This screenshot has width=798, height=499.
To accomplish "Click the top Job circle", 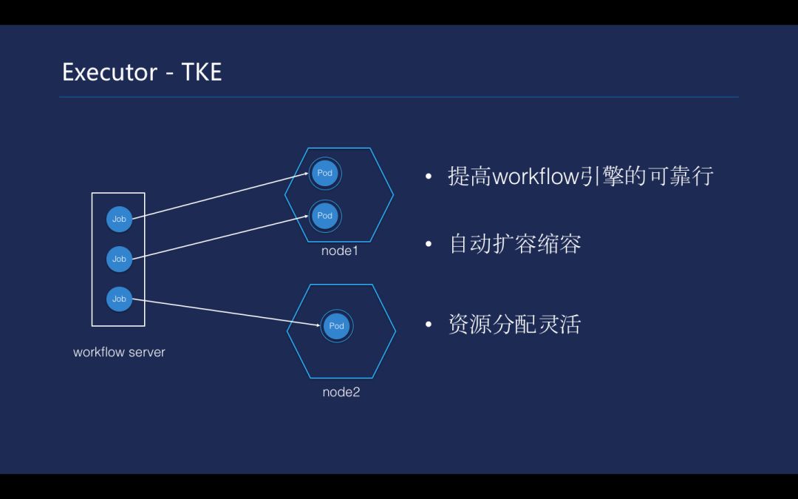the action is pos(119,219).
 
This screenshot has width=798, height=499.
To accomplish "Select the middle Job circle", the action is pos(119,259).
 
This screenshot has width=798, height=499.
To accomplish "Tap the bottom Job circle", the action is pos(119,299).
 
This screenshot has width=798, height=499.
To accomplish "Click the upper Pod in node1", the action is pos(324,173).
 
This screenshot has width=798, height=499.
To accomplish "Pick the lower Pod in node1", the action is pos(324,215).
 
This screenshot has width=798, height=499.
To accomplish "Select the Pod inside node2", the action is pos(336,326).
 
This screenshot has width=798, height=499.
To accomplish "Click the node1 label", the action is pos(339,251).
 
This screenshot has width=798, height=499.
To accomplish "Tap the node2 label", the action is pos(341,392).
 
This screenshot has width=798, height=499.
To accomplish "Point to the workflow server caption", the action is pos(119,352).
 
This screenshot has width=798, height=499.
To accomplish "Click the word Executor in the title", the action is pos(109,72).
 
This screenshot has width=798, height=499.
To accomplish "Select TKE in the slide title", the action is pos(202,72).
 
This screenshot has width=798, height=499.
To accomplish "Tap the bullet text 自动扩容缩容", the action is pos(515,245).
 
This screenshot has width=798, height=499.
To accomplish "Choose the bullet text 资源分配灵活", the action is pos(515,325).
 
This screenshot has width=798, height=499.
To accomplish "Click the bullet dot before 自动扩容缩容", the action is pos(429,245).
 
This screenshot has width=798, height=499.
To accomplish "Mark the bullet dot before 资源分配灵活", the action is pos(429,325).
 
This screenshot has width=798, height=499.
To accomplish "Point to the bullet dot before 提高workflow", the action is pos(429,177).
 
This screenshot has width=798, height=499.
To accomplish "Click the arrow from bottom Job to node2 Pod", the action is pos(222,310).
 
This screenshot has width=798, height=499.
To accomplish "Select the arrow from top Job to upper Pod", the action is pos(222,196).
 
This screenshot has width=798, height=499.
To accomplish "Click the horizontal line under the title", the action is pos(399,97).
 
